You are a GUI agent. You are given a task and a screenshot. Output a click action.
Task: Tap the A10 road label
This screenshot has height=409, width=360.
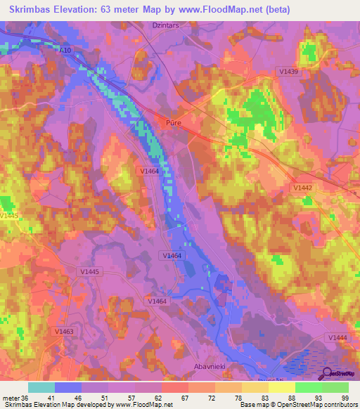(x=65, y=51)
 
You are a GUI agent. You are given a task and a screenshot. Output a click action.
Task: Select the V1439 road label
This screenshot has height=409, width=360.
(x=289, y=91)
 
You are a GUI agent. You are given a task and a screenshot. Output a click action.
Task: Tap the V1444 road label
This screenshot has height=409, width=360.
(x=339, y=338)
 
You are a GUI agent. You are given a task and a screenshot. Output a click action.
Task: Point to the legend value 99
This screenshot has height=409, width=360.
(x=344, y=398)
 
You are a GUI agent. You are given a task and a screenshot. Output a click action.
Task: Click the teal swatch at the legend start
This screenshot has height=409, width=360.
(x=41, y=387)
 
